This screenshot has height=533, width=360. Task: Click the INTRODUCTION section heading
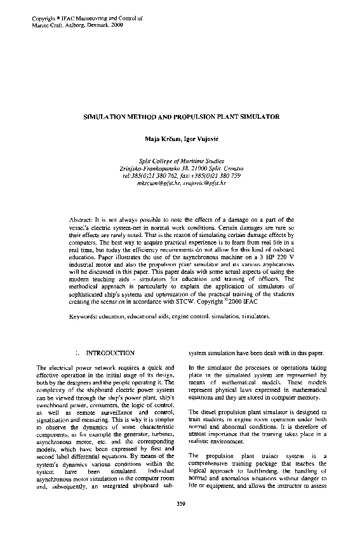(110, 352)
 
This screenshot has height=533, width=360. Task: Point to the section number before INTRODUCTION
(77, 352)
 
